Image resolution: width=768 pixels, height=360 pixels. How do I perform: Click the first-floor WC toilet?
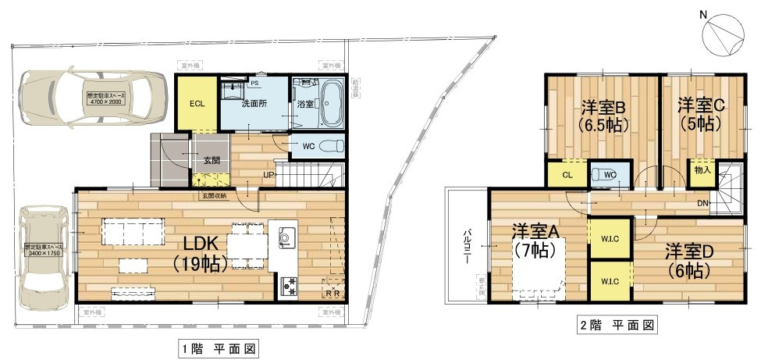(x=329, y=145)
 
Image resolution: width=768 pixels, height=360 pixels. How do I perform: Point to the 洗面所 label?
(x=255, y=103)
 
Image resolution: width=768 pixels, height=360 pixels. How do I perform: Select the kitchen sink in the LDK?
(x=286, y=237)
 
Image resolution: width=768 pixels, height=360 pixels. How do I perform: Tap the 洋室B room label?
(x=605, y=115)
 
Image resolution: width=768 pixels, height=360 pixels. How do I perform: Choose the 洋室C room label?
(x=700, y=113)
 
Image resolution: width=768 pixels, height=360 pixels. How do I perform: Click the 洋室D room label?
(x=688, y=261)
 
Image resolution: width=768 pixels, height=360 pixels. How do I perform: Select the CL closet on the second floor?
(x=567, y=175)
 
